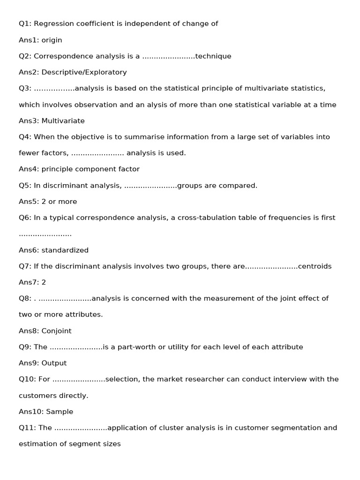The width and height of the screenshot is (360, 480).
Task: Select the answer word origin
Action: point(52,40)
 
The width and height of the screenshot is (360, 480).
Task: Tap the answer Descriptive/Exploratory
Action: point(84,72)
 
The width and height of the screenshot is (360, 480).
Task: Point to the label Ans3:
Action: point(29,121)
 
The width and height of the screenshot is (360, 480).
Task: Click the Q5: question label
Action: point(25,186)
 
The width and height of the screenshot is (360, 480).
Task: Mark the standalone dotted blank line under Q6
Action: point(45,234)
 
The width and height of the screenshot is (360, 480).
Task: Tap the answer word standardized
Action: point(65,250)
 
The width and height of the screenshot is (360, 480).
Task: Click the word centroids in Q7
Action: point(315,266)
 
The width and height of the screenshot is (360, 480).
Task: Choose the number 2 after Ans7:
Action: point(44,283)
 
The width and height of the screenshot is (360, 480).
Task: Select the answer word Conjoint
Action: point(56,331)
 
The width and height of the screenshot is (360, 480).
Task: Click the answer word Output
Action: point(54,363)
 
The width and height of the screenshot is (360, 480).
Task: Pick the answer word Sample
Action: point(60,412)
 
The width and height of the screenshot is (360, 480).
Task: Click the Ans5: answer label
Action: point(29,202)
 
